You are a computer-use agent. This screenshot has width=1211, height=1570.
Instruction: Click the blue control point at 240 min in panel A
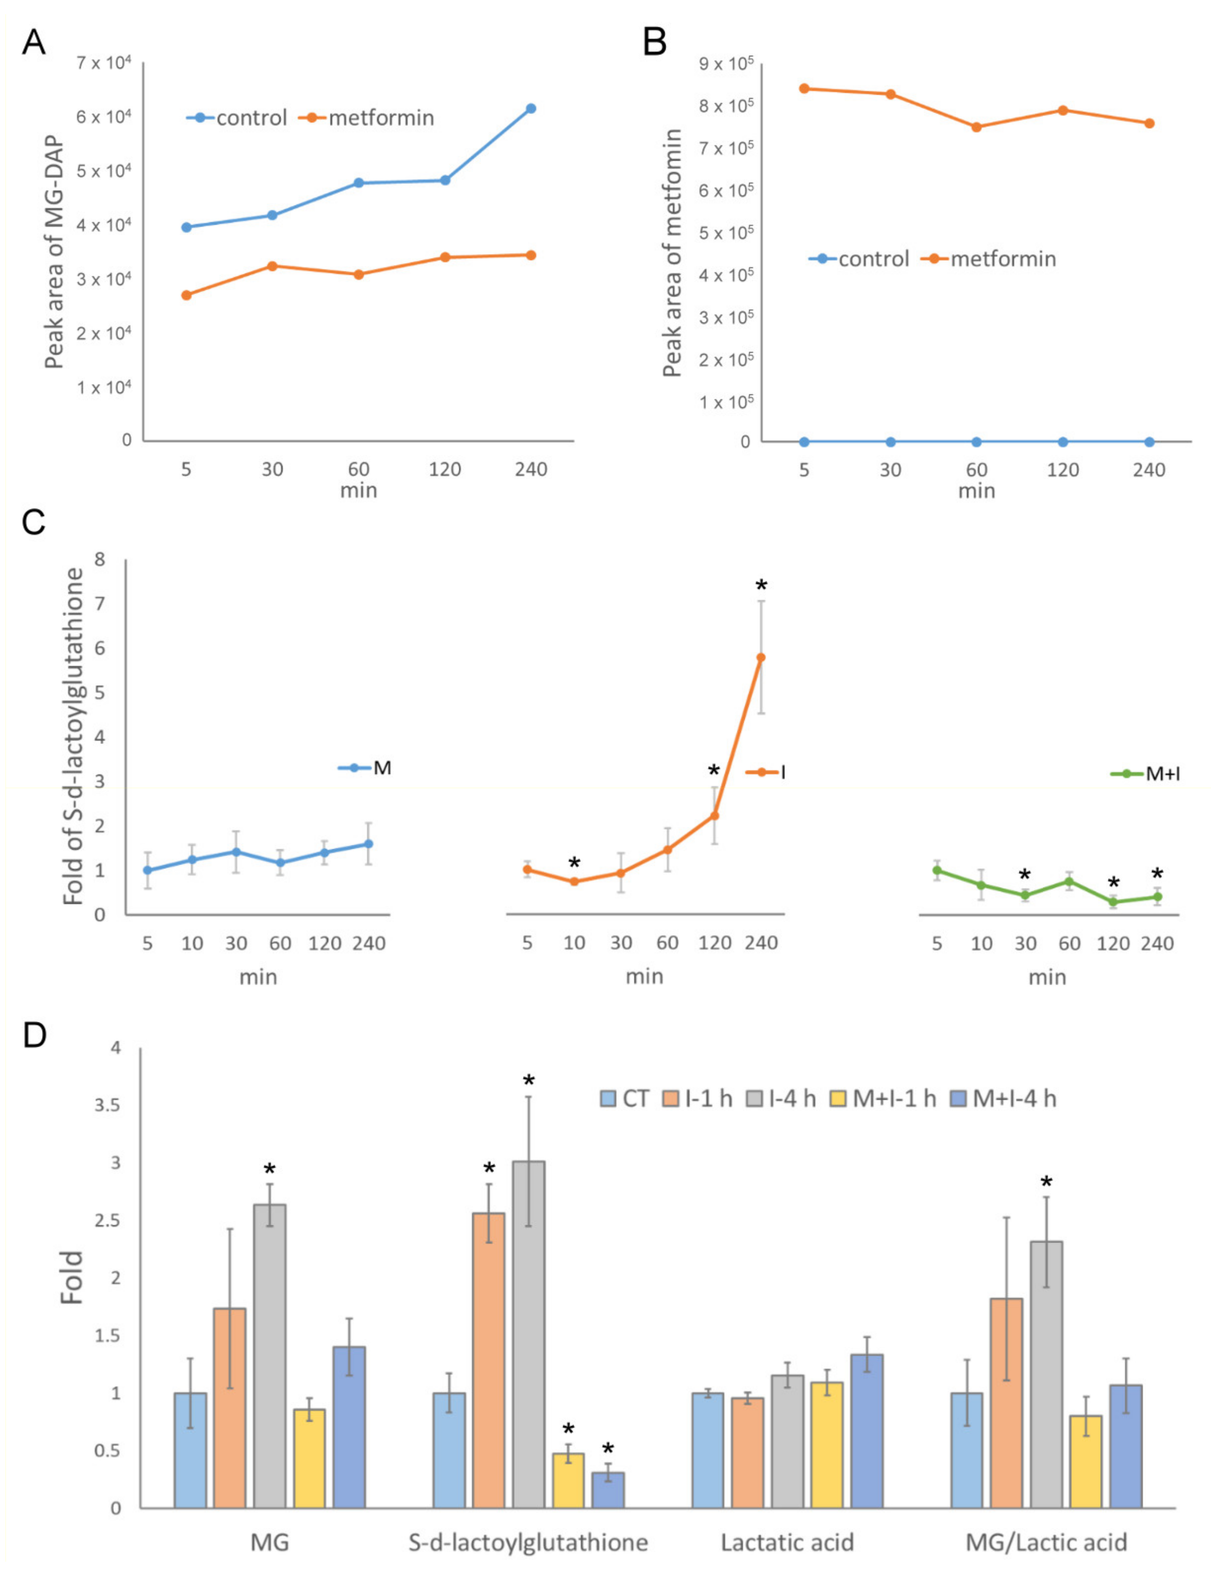point(531,109)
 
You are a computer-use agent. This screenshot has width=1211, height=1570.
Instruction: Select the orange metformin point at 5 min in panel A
point(186,295)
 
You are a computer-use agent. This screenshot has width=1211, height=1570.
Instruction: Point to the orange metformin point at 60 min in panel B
point(976,127)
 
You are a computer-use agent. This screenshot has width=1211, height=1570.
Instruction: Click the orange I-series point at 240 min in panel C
point(760,657)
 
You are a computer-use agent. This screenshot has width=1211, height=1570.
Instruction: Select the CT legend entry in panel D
point(625,1098)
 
